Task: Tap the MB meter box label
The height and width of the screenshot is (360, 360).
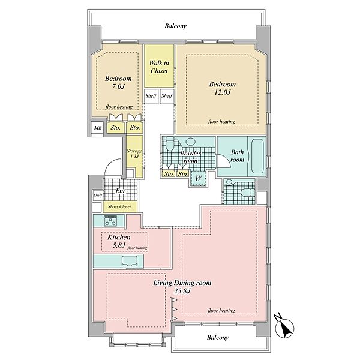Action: pos(98,128)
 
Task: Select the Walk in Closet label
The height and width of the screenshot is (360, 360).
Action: pos(159,67)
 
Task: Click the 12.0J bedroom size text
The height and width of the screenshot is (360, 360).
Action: pos(222,92)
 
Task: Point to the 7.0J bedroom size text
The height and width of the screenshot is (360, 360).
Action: pos(118,87)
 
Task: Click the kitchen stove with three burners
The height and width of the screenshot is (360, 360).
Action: pos(110,221)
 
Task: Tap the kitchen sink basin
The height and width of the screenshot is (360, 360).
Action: pos(130,261)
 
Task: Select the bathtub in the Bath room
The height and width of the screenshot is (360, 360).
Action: pos(257,156)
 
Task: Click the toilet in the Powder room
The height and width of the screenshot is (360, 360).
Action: pos(170,143)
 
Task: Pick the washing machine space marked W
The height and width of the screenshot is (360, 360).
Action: pos(199,178)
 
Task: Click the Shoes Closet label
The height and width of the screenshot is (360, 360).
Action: pos(119,206)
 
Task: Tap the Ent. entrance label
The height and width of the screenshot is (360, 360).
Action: pos(121,191)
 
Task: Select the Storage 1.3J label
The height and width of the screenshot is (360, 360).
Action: pos(134,154)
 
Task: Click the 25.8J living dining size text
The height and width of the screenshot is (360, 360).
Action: pos(182,291)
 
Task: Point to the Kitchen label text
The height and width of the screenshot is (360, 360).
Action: pos(119,237)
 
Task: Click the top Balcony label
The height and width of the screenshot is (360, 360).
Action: pos(176,26)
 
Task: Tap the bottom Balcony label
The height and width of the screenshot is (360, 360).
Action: pos(218,337)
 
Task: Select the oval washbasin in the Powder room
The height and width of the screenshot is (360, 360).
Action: pos(190,142)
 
